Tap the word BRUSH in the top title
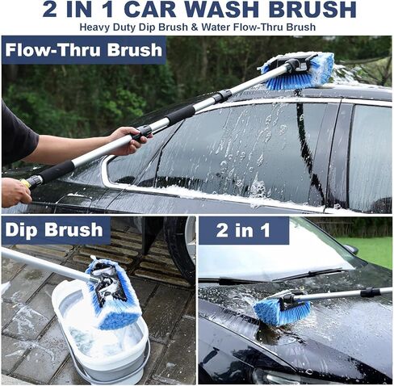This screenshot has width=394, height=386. point(312,9)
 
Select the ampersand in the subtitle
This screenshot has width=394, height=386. point(195,27)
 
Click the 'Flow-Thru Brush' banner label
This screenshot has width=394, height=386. point(84,50)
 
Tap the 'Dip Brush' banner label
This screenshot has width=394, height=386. point(54,230)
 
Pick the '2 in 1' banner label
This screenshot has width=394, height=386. point(243,230)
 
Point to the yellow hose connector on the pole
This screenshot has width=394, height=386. point(26,183)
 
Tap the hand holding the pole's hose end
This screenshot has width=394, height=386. point(15,192)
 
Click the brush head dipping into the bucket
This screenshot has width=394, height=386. point(113,292)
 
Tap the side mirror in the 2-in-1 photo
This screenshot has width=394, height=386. point(352,250)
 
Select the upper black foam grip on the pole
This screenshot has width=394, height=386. point(180,114)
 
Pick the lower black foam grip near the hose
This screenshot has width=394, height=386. point(57,171)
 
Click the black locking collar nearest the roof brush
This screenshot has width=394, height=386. point(222,96)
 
